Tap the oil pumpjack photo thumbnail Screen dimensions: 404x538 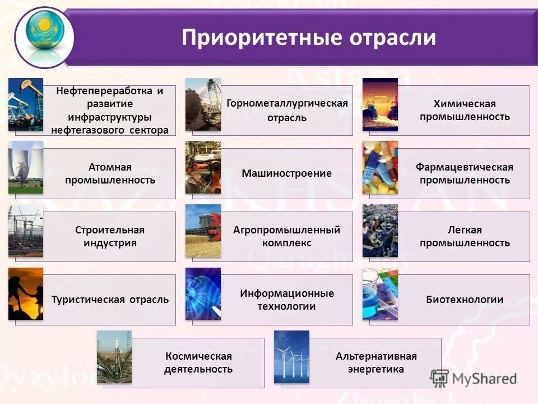(x=26, y=104)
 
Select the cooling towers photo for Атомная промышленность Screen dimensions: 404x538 (x=26, y=167)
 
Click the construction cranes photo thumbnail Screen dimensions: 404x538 (x=26, y=231)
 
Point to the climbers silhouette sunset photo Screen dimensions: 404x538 (x=26, y=293)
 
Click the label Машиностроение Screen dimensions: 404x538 (x=286, y=173)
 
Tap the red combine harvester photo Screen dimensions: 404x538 (x=203, y=231)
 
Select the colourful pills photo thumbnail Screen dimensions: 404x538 (x=380, y=167)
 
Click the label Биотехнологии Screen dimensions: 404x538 (x=464, y=300)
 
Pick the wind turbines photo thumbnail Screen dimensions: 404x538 (x=291, y=357)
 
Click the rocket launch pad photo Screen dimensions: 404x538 (x=114, y=357)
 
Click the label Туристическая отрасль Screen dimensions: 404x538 (x=110, y=300)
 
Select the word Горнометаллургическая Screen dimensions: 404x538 (x=287, y=104)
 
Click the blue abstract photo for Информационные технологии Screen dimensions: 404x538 (x=203, y=293)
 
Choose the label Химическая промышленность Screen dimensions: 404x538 (x=464, y=111)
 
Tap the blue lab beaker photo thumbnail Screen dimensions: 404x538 (x=380, y=293)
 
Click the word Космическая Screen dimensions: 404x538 (x=198, y=356)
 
